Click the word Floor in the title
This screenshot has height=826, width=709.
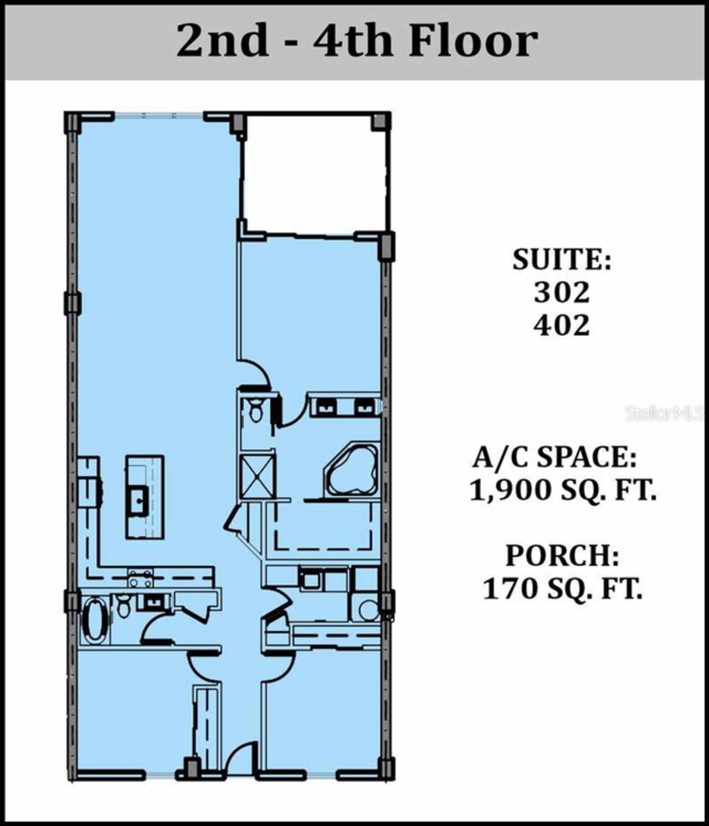(x=474, y=40)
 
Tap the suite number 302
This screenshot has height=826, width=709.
(x=562, y=292)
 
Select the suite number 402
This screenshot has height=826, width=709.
(x=562, y=325)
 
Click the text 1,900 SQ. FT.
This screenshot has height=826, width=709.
(x=563, y=490)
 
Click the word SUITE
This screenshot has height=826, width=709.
(x=562, y=260)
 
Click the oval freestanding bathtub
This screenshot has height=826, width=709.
(x=95, y=622)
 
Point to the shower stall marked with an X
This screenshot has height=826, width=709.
(x=258, y=477)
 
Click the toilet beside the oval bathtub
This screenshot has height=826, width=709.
(x=125, y=607)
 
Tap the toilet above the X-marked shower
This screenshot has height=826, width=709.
(x=256, y=410)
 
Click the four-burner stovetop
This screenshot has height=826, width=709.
(x=140, y=578)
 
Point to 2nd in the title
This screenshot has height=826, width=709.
(x=223, y=40)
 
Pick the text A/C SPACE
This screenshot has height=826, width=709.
(x=554, y=457)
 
